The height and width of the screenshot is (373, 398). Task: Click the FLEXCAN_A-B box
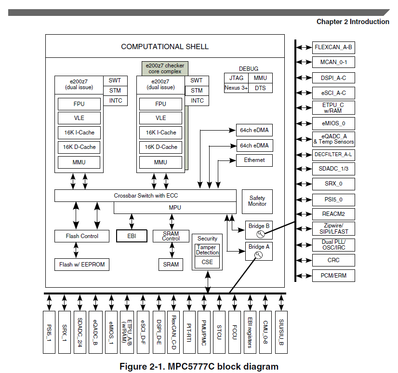click(x=333, y=48)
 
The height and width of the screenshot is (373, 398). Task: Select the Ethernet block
click(x=254, y=160)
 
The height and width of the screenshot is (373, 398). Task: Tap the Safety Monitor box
click(x=257, y=201)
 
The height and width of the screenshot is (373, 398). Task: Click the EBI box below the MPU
click(x=132, y=236)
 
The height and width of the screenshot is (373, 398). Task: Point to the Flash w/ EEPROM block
click(x=82, y=265)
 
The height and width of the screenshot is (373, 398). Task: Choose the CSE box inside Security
click(x=207, y=262)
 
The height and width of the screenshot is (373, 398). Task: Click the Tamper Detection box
click(x=207, y=250)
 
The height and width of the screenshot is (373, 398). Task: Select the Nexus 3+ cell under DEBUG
click(x=236, y=88)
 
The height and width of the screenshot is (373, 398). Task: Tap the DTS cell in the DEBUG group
click(x=260, y=88)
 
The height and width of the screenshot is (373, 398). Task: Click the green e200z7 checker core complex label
click(x=165, y=68)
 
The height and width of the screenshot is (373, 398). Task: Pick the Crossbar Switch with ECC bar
click(x=146, y=196)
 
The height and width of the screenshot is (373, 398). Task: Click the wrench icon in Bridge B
click(x=260, y=234)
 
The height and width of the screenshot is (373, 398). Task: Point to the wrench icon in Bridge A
click(x=258, y=255)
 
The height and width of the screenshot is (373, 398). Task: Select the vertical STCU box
click(x=219, y=332)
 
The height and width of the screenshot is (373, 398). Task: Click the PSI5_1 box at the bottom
click(x=49, y=332)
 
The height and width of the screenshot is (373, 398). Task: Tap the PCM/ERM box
click(x=333, y=276)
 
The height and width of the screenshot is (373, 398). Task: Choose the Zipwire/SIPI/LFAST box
click(x=333, y=229)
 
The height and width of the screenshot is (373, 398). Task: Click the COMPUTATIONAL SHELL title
click(x=165, y=47)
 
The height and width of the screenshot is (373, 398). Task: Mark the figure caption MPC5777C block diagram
click(x=199, y=367)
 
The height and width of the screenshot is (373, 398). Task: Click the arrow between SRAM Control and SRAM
click(x=172, y=250)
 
